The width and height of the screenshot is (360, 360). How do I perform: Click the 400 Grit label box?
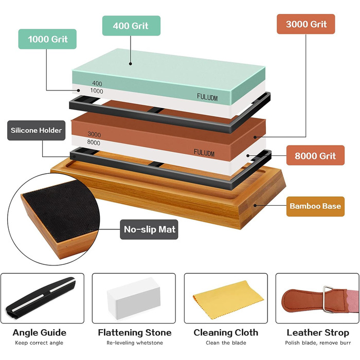coord(131,26)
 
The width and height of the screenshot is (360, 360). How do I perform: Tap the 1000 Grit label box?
coord(47,39)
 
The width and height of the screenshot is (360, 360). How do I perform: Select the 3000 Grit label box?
coord(306,24)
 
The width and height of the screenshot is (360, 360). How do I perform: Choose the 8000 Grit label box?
coord(315,155)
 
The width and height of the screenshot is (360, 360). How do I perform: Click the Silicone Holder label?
coord(37,131)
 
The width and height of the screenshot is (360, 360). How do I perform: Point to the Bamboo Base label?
coord(315,206)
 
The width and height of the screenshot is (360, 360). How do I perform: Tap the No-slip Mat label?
coord(149,229)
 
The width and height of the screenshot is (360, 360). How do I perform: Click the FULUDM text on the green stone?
coord(207,97)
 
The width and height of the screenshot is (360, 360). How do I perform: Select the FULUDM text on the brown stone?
coord(204,153)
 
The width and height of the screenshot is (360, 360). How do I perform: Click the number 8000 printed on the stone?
coord(94,142)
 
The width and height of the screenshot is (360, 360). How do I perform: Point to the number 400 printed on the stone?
coord(97,83)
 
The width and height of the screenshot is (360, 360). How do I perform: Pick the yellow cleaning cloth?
coord(228,299)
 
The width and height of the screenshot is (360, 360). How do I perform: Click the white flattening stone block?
coord(134,298)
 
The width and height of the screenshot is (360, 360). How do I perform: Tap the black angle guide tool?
coord(41,298)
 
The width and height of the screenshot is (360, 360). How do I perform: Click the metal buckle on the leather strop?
coord(328,299)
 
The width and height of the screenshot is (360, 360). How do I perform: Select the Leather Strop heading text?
coord(318,333)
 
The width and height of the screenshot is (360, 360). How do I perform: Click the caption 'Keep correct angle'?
coord(39,343)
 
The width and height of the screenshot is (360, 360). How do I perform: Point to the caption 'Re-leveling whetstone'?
coord(135,343)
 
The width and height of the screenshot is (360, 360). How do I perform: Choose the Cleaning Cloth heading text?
coord(226,333)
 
